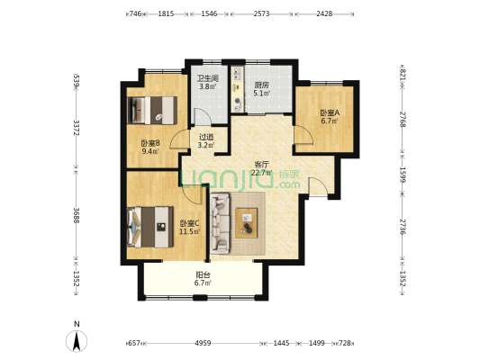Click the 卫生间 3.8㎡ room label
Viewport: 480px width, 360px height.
coord(208,83)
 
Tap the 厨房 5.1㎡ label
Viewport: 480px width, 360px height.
coord(262,89)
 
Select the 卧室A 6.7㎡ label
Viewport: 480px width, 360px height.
coord(330,117)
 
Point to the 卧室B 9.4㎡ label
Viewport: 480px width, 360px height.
coord(150,147)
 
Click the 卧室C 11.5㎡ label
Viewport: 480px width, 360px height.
coord(189,228)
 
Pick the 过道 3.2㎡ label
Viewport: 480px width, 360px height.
coord(205,141)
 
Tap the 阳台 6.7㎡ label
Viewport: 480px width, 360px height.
coord(203,279)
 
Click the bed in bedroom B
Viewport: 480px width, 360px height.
coord(152,110)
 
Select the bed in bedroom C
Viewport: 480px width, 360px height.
coord(150,227)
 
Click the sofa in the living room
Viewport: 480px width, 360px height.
coord(220,223)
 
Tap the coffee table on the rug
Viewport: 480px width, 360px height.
coord(247,223)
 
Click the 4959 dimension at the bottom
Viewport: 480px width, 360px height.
coord(203,343)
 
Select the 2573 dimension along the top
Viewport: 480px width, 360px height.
coord(261,13)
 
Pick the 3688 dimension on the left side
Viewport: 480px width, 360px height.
coord(77,216)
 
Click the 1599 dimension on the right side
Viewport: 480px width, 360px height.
coord(403,175)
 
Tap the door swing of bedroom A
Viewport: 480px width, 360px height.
coord(303,135)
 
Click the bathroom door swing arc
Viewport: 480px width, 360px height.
coord(203,116)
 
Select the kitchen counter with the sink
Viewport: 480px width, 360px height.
coord(238,89)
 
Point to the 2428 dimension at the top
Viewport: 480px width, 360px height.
coord(324,13)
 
